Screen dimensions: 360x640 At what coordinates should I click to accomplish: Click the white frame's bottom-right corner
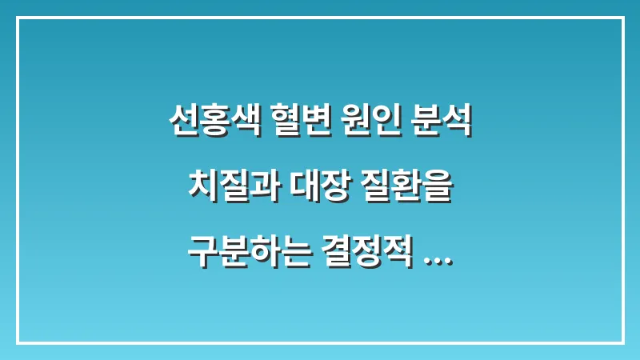click(622, 342)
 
